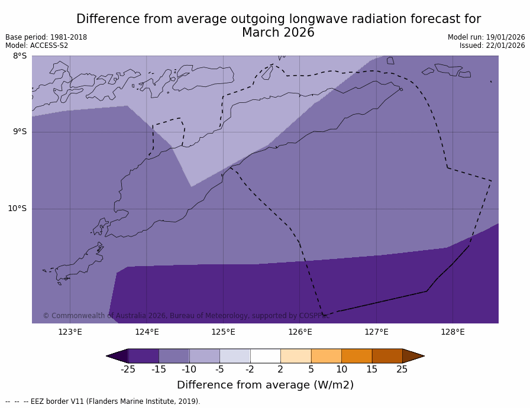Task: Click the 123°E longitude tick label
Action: (x=70, y=332)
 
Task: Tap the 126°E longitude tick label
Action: (x=300, y=332)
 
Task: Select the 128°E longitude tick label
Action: (x=453, y=332)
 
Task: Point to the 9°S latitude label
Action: (x=20, y=132)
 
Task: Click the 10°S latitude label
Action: (x=17, y=208)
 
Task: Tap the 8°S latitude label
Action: (x=20, y=56)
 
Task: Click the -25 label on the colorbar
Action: (x=128, y=370)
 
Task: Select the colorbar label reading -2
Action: (x=250, y=370)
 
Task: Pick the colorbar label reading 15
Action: (x=371, y=370)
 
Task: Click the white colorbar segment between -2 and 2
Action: (x=265, y=356)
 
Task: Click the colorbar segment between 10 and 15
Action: (x=357, y=356)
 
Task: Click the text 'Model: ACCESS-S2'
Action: (x=37, y=46)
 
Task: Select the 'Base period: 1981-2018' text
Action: (x=46, y=37)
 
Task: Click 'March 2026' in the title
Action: (x=278, y=33)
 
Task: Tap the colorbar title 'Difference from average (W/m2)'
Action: (x=265, y=385)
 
